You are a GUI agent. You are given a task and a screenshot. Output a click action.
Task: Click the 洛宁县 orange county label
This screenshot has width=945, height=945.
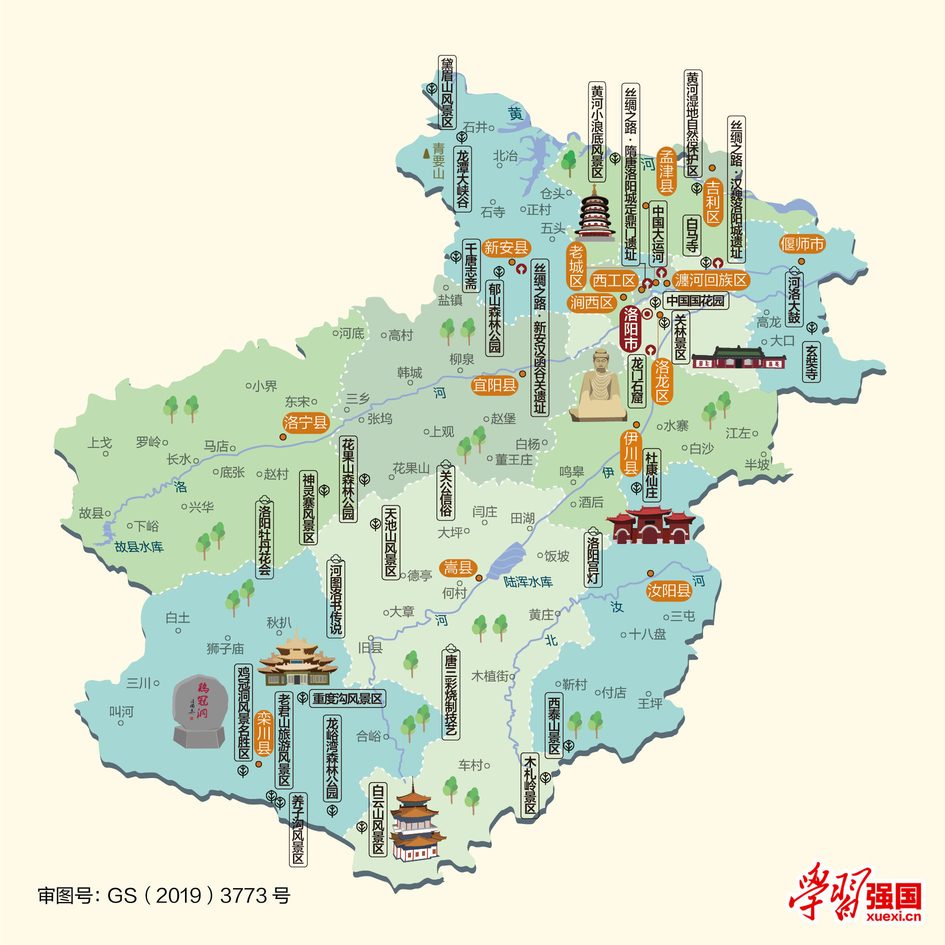(x=305, y=423)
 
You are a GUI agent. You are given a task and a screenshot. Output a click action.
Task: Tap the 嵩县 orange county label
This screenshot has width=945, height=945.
(x=458, y=567)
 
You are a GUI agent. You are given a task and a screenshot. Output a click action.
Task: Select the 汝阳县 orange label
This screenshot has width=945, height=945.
(x=668, y=590)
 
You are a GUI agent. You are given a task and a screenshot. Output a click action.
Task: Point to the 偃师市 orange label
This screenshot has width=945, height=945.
(x=801, y=244)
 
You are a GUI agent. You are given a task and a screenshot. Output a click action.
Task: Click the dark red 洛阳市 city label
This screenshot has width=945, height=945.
(x=630, y=329)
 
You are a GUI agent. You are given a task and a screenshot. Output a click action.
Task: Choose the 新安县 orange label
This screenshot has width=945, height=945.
(x=506, y=247)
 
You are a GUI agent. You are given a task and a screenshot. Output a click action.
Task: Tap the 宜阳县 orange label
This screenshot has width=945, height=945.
(x=494, y=385)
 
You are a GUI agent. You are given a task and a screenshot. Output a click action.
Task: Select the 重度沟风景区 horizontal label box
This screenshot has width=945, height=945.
(x=347, y=698)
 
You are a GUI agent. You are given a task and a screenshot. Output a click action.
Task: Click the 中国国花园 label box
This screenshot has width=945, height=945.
(x=695, y=300)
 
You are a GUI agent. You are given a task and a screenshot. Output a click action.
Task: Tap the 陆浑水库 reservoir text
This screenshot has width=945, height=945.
(x=527, y=581)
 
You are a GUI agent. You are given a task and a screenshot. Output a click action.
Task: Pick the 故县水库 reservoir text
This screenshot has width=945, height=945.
(x=139, y=546)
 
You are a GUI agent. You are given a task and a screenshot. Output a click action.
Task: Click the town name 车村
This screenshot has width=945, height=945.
(x=471, y=765)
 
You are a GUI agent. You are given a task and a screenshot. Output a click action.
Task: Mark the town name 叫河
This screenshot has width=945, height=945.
(x=121, y=711)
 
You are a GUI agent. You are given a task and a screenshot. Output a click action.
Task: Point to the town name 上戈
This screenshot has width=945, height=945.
(x=99, y=442)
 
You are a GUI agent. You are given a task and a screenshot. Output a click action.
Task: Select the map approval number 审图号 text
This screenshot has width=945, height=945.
(x=163, y=895)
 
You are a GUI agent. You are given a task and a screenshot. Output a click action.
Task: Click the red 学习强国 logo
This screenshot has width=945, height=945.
(x=855, y=893)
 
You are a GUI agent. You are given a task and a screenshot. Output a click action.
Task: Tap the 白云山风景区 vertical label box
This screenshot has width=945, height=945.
(x=378, y=819)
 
